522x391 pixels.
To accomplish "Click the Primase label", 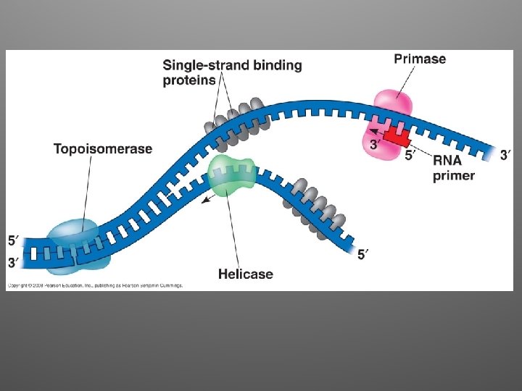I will coord(420,59).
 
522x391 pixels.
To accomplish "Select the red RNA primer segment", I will coord(396,134).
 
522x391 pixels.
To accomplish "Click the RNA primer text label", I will coord(454,167).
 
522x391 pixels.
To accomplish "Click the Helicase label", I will coord(246,274).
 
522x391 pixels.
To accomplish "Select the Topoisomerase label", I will coord(103,149).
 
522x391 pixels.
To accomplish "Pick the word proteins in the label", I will coord(189,80).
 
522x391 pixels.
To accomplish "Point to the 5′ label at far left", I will coord(14,240).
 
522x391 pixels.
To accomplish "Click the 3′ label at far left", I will coord(14,263).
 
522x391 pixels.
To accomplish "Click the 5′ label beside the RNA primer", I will coord(410,154).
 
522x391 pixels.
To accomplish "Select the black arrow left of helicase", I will coord(210,197).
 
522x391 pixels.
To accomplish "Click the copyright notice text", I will coord(94,285).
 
